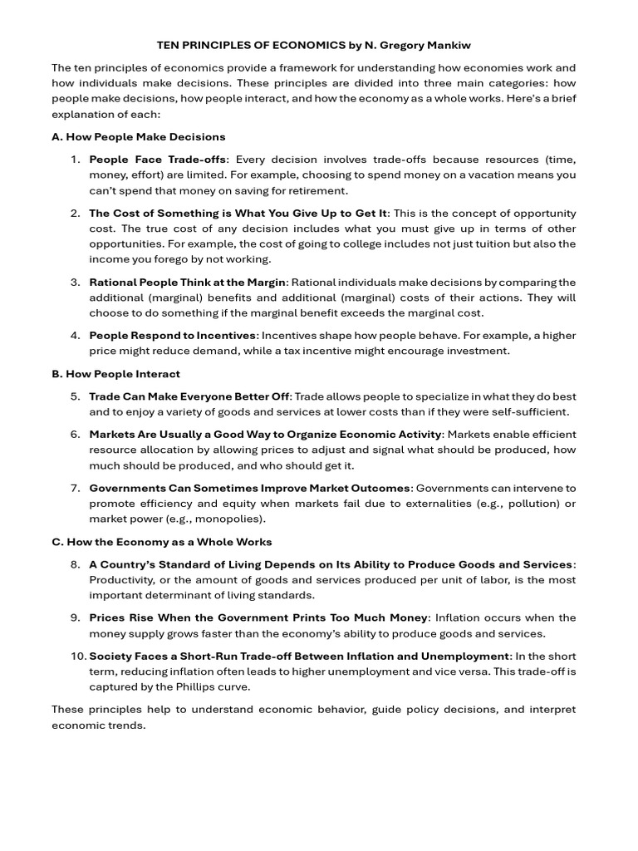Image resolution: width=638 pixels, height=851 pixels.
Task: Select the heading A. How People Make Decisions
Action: pyautogui.click(x=138, y=136)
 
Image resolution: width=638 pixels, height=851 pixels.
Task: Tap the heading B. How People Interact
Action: pyautogui.click(x=115, y=374)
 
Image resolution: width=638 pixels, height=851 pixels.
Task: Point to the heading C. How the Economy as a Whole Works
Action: pyautogui.click(x=161, y=542)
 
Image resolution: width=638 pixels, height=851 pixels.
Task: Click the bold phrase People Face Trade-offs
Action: pyautogui.click(x=157, y=160)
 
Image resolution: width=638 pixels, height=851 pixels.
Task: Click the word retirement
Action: pyautogui.click(x=318, y=190)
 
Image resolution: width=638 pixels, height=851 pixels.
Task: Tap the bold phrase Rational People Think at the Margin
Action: pyautogui.click(x=187, y=283)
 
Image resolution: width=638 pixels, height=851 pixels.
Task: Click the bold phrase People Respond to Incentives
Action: pyautogui.click(x=173, y=336)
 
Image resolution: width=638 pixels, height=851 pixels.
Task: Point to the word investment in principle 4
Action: pyautogui.click(x=478, y=351)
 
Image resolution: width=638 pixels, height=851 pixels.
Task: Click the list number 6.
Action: pyautogui.click(x=75, y=435)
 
